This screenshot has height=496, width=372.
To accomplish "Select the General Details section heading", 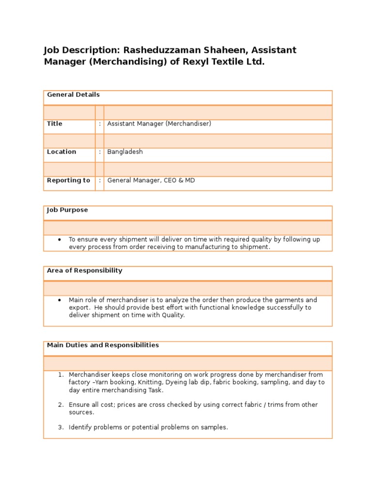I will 73,95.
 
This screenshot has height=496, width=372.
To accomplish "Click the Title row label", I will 54,124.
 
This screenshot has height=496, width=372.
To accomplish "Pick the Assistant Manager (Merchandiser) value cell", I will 159,124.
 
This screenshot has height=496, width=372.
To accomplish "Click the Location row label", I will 61,152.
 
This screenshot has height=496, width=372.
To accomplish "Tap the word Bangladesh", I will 125,152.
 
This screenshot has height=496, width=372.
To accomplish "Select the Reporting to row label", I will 68,181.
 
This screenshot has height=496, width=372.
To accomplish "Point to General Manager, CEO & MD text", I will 151,181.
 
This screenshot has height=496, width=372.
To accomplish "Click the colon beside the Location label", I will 100,152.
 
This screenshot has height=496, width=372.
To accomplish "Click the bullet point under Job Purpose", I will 59,239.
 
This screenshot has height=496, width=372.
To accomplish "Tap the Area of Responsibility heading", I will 84,271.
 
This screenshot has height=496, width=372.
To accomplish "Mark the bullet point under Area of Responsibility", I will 59,300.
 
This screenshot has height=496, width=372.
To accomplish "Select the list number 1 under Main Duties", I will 61,375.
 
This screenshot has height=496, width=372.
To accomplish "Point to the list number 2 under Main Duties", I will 61,405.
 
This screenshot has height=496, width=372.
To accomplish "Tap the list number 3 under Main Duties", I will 61,428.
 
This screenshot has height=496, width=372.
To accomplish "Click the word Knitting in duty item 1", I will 139,383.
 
